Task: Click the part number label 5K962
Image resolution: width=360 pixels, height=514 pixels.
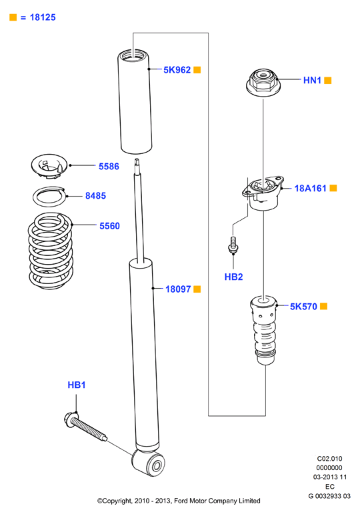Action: click(177, 70)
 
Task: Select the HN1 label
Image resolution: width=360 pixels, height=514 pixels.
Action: click(312, 80)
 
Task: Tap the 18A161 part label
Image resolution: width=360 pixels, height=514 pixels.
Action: click(311, 188)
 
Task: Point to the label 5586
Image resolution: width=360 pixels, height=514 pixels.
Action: click(109, 167)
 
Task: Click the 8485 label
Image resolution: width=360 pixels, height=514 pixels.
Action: click(96, 196)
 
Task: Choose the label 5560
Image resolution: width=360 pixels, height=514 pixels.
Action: click(109, 226)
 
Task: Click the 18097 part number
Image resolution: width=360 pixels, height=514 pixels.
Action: click(178, 289)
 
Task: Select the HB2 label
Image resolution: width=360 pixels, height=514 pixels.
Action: click(234, 277)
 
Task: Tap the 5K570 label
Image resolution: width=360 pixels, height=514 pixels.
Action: click(303, 307)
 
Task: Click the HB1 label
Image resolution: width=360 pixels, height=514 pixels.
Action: click(77, 385)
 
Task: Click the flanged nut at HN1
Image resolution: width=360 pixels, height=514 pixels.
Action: click(263, 83)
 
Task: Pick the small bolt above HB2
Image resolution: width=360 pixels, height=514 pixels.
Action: click(233, 245)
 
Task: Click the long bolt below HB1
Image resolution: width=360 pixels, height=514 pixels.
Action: click(86, 426)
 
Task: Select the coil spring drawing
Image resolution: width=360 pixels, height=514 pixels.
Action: click(50, 251)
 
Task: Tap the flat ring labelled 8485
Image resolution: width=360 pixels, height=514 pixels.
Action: click(50, 197)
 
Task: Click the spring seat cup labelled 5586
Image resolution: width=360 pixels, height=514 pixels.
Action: click(49, 166)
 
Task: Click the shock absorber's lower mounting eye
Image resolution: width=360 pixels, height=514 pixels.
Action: click(148, 463)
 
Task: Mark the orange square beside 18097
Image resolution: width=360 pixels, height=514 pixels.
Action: click(197, 289)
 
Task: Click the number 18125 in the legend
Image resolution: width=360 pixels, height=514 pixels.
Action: click(43, 17)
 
